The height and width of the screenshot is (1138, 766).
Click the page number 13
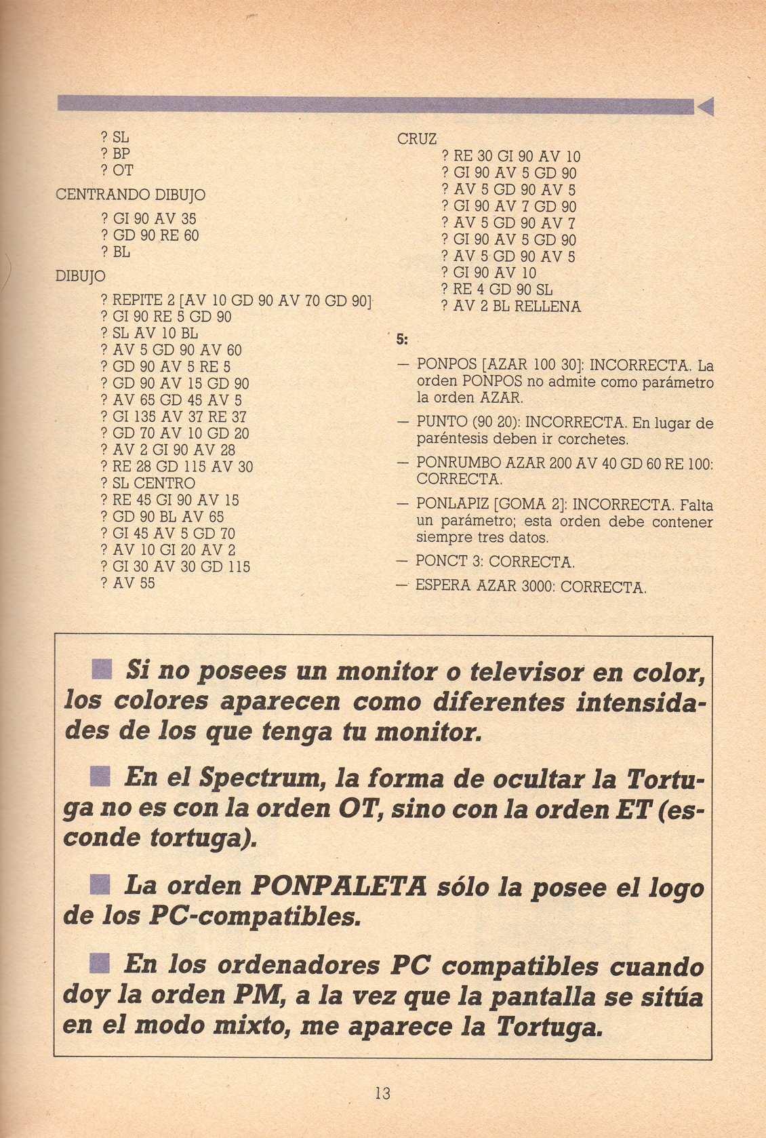pyautogui.click(x=382, y=1093)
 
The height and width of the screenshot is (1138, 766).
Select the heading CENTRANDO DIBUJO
pyautogui.click(x=130, y=195)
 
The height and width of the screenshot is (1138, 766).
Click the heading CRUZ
pyautogui.click(x=416, y=139)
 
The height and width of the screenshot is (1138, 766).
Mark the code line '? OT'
pyautogui.click(x=117, y=170)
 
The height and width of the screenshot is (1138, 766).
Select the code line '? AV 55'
pyautogui.click(x=127, y=583)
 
